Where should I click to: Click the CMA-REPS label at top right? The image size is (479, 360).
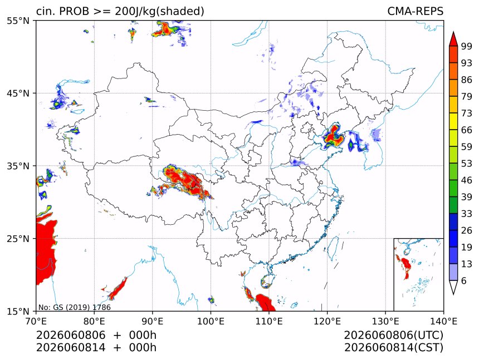tap(415, 11)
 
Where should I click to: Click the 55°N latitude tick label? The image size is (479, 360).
tap(18, 21)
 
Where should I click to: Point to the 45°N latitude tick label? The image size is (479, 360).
tap(18, 93)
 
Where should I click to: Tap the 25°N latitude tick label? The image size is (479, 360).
tap(18, 239)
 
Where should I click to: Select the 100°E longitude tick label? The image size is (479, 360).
tap(211, 321)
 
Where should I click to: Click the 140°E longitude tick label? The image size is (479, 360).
tap(443, 321)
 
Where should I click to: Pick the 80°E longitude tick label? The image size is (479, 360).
tap(94, 321)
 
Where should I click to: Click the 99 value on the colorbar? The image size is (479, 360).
tap(467, 46)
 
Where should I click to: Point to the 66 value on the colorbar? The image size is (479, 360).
tap(467, 130)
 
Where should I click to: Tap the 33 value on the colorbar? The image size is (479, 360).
tap(467, 214)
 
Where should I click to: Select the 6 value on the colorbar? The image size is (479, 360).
tap(464, 280)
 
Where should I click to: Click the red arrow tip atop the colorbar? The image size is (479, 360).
tap(453, 32)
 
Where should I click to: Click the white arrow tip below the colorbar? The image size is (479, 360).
tap(453, 294)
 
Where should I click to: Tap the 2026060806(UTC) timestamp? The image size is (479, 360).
tap(393, 335)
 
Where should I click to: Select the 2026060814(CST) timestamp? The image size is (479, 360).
tap(393, 348)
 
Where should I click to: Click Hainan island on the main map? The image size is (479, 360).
tap(267, 282)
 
